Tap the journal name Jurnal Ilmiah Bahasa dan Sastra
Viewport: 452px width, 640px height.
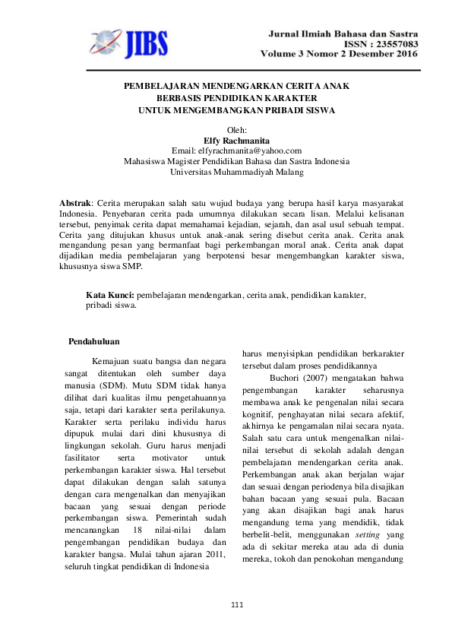tap(342, 34)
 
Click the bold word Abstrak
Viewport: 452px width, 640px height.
tap(74, 204)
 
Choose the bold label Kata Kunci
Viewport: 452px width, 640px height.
tap(109, 294)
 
